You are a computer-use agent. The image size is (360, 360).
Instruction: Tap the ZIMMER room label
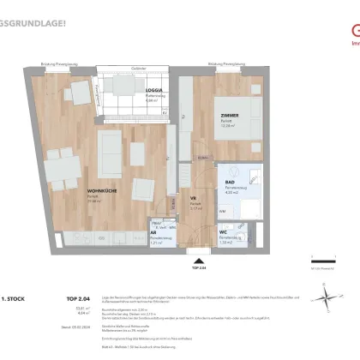click(228, 116)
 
